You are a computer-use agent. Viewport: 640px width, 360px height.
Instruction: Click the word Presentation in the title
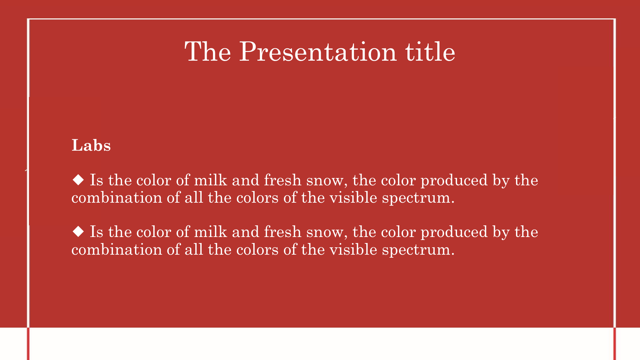pos(318,52)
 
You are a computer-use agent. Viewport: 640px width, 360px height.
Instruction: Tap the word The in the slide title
pos(208,51)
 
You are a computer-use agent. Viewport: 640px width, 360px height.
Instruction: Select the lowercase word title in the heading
pos(430,51)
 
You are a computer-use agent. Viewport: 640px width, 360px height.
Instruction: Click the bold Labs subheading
pos(91,145)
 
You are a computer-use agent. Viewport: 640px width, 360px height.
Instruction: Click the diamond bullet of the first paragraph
pos(78,180)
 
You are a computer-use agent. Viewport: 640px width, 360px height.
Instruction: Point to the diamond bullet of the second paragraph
pos(78,231)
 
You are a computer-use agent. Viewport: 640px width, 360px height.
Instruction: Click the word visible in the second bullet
pos(353,249)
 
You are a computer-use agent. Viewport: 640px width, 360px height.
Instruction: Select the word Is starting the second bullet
pos(97,232)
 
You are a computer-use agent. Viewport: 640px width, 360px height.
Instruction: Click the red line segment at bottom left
pos(28,344)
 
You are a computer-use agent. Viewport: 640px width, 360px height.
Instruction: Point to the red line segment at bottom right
pos(615,344)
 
